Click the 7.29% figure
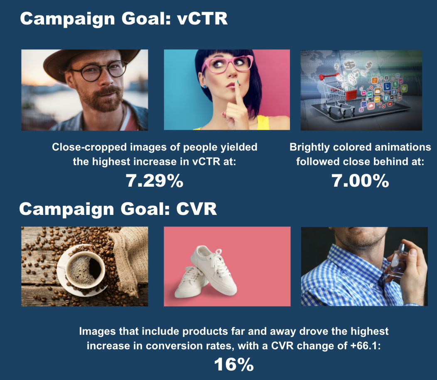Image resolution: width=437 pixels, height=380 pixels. point(155,181)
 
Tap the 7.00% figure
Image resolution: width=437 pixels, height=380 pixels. point(360,181)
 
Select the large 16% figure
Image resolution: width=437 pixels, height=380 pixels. point(234,364)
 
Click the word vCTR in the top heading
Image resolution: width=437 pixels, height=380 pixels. point(202,19)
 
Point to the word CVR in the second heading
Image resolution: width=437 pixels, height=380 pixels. point(196,209)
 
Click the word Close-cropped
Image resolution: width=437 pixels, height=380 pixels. point(89,147)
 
